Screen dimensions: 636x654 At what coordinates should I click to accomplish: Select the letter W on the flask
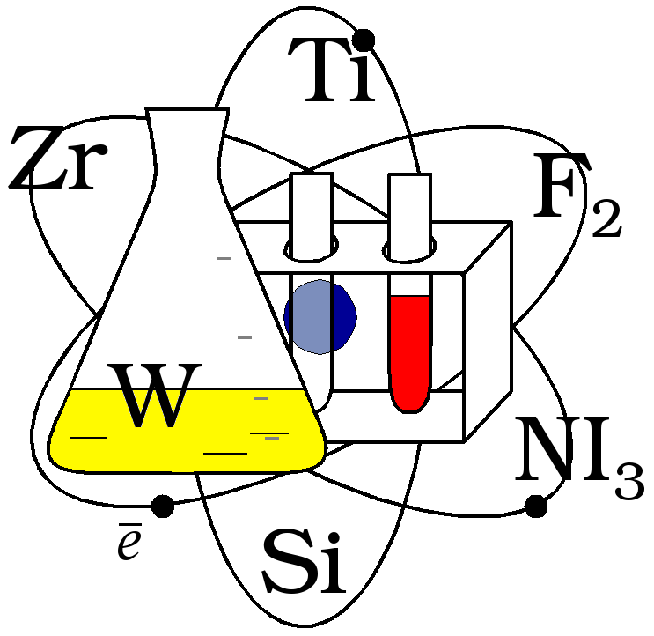[x=153, y=396]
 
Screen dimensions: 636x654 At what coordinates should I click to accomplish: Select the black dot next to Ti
[x=363, y=40]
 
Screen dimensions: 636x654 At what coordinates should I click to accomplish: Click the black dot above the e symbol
[x=163, y=506]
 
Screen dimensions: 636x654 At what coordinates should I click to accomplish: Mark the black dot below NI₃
[x=535, y=506]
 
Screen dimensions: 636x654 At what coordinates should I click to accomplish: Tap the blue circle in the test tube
[x=321, y=315]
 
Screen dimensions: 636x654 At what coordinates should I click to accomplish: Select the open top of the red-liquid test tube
[x=409, y=181]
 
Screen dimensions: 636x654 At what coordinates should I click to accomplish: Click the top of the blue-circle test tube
[x=312, y=181]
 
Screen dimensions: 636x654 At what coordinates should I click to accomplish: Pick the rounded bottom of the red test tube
[x=409, y=403]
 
